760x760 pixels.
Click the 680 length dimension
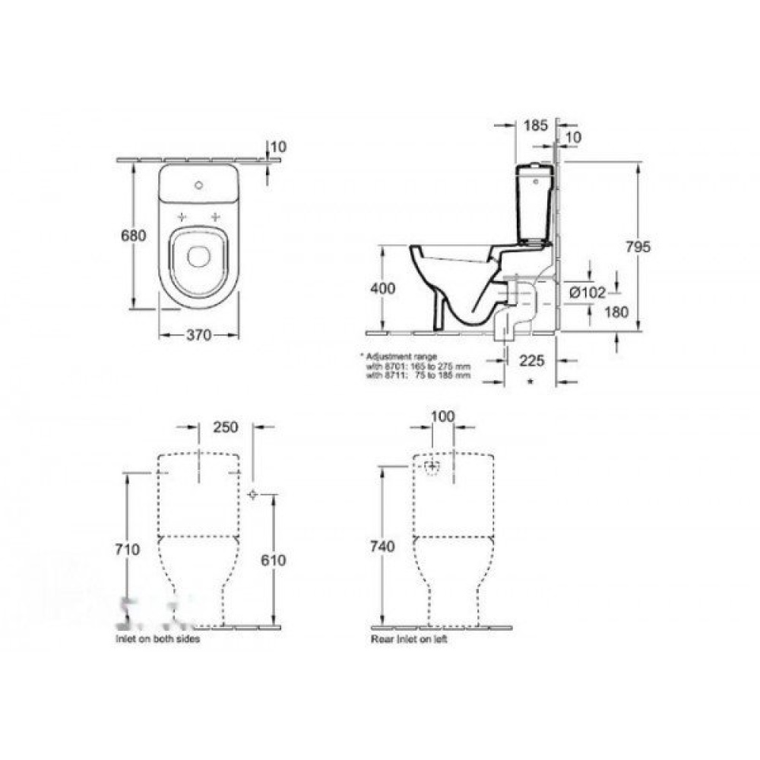click(x=134, y=236)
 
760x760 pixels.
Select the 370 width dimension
click(x=199, y=335)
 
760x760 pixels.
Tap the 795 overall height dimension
click(x=640, y=247)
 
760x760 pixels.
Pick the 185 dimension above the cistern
click(x=536, y=126)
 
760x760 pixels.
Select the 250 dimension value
click(x=226, y=427)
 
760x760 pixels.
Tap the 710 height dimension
click(x=128, y=549)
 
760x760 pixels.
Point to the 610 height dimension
click(x=273, y=560)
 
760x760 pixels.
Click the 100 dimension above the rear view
click(x=442, y=417)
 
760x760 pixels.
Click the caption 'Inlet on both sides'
click(x=157, y=640)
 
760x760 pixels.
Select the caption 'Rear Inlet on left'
click(x=409, y=640)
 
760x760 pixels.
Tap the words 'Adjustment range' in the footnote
click(x=401, y=356)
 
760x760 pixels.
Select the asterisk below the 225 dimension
click(x=530, y=379)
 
